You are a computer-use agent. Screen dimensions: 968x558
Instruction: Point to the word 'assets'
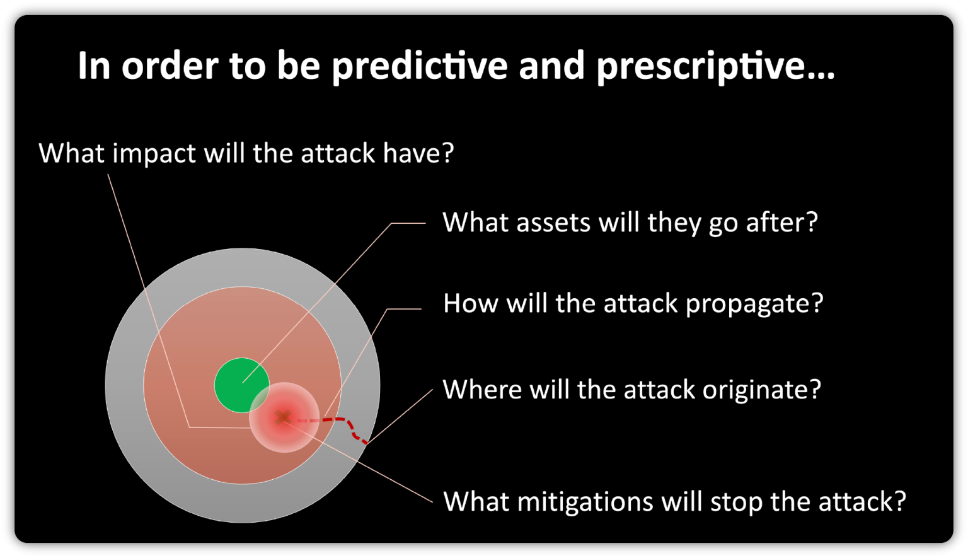[x=553, y=223]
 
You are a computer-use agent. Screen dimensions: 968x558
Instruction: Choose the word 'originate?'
[x=761, y=390]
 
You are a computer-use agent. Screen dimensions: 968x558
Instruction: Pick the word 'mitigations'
[x=585, y=503]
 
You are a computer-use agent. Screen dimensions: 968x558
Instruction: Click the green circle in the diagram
[x=241, y=385]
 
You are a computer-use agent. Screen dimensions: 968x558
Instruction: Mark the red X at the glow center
[x=283, y=417]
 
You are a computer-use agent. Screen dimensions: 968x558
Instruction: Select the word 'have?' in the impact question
[x=418, y=153]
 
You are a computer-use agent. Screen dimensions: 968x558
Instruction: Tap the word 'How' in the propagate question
[x=471, y=304]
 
